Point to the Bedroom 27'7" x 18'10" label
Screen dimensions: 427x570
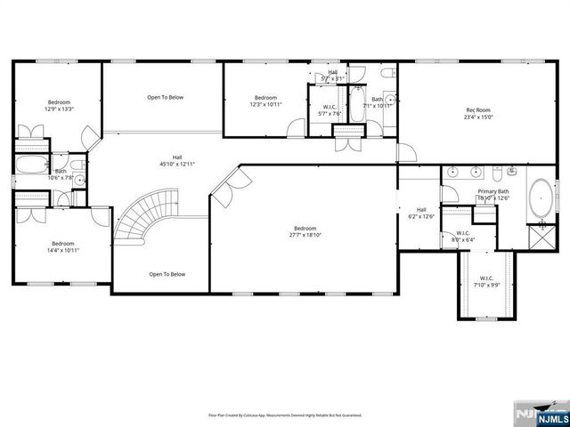point(305,231)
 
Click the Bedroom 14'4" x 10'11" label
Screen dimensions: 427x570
point(62,246)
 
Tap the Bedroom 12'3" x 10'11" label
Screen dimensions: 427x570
point(266,101)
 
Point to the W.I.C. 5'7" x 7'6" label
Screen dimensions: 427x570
point(330,110)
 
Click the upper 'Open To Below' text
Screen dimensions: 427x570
point(166,97)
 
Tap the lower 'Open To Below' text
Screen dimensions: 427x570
point(167,274)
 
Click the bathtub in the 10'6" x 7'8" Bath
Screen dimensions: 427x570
point(33,165)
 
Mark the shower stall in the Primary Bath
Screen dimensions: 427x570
point(539,236)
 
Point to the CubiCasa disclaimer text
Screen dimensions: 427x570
point(284,415)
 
